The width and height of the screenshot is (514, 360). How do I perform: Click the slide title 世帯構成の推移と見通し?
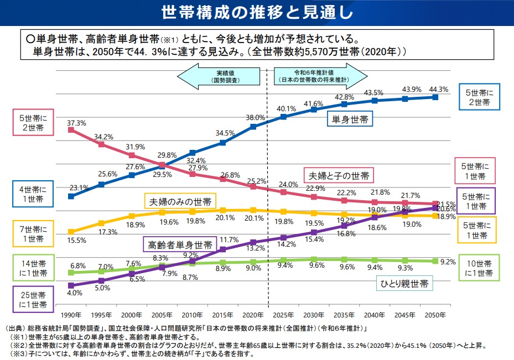[257, 12]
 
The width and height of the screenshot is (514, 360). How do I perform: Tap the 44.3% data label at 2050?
[438, 89]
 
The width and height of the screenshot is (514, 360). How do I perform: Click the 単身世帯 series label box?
[350, 119]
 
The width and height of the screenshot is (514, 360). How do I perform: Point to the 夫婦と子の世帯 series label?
[338, 176]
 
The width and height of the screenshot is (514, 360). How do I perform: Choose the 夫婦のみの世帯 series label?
[180, 200]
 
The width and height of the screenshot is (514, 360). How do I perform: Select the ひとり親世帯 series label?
[404, 284]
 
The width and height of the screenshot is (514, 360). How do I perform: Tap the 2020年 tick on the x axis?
[253, 315]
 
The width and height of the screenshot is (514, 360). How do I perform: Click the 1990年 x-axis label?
[71, 315]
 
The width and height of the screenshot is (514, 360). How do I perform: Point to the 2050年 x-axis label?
[435, 315]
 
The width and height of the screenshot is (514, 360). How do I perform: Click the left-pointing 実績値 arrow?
[221, 76]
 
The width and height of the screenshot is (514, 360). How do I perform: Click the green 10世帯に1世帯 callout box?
[479, 268]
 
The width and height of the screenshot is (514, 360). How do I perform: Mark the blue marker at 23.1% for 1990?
[71, 196]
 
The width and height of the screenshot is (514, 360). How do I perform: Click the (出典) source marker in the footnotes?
[15, 328]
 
